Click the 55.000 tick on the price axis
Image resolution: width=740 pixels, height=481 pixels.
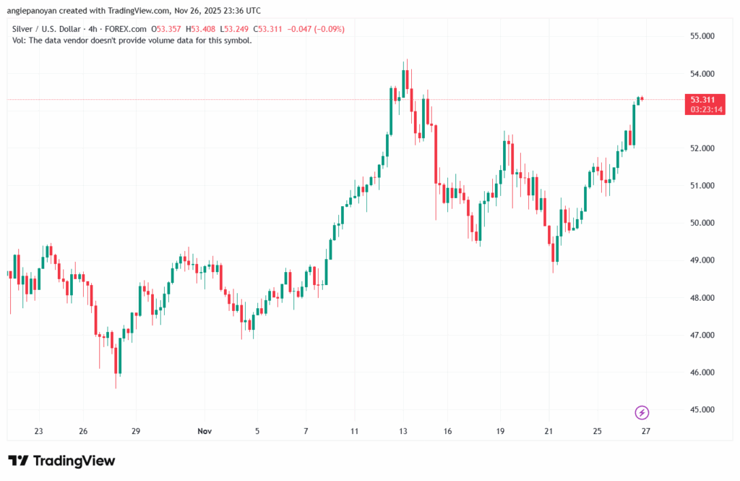point(702,36)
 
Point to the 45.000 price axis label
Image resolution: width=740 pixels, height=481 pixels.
point(702,410)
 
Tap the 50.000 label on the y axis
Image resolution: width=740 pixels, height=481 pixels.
point(702,223)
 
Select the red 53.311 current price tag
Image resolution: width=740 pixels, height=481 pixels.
point(703,100)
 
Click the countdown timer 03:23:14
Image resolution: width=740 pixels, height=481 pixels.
point(703,110)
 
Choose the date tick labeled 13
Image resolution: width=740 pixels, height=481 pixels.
point(403,430)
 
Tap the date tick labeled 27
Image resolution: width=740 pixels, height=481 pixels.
point(645,430)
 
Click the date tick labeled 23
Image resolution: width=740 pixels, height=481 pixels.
point(38,430)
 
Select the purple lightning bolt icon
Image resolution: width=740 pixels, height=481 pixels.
point(642,413)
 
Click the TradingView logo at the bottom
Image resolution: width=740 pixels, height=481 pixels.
point(61,461)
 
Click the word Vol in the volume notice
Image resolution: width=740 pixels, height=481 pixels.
point(19,41)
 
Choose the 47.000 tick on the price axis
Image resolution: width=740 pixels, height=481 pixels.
point(702,336)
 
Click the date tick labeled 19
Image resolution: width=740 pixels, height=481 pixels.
point(500,430)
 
